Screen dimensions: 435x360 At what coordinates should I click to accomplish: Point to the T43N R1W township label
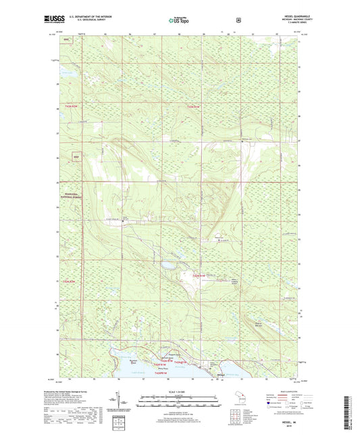[x=194, y=106]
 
